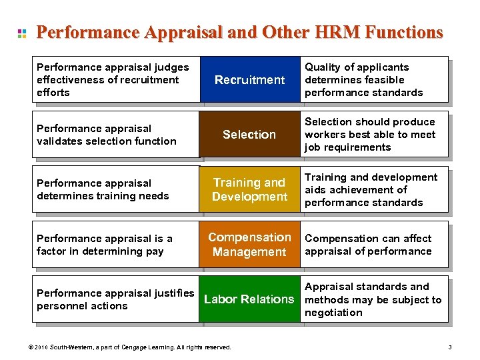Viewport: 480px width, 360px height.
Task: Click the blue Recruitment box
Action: coord(249,80)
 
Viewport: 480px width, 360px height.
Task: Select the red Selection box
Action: coord(249,135)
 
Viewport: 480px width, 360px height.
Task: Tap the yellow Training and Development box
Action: coord(249,189)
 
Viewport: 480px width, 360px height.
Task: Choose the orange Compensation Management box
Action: coord(249,245)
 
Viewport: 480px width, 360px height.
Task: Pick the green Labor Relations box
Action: coord(249,299)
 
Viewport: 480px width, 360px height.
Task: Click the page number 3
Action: coord(450,347)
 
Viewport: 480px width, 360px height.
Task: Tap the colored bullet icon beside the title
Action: coord(22,33)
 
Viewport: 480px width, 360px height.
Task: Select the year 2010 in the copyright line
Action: coord(42,347)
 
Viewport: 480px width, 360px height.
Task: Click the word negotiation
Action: coord(333,313)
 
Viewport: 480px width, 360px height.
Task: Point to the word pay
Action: coord(145,251)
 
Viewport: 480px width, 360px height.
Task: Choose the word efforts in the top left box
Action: coord(53,93)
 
